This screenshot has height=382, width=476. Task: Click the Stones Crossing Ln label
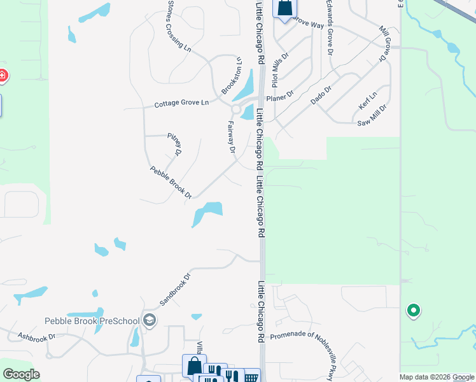(x=179, y=25)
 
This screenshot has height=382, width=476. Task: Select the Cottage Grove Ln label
(x=181, y=103)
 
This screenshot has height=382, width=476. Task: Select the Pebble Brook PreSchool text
(x=92, y=321)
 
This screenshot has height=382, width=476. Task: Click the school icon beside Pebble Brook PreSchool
(x=149, y=320)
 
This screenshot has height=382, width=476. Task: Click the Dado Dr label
(x=321, y=96)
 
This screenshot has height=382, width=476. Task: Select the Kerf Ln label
(x=368, y=101)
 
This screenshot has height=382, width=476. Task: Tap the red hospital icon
(x=2, y=76)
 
